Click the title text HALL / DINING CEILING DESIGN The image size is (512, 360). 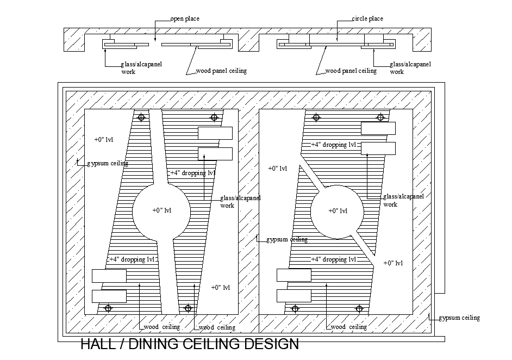[x=190, y=344]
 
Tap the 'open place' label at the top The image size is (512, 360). [x=185, y=19]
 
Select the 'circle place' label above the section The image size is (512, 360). [x=367, y=19]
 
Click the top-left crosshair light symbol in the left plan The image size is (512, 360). [x=142, y=117]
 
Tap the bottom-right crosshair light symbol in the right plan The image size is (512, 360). [x=359, y=308]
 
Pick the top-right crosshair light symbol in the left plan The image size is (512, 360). [x=215, y=117]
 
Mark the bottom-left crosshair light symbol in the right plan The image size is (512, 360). [x=295, y=308]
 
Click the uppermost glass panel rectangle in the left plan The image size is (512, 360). [x=215, y=133]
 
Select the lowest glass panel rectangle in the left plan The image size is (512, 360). [x=109, y=296]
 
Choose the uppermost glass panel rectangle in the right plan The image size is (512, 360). [x=378, y=128]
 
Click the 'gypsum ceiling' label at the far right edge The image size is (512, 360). [x=459, y=318]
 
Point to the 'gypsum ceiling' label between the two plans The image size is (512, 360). [x=286, y=239]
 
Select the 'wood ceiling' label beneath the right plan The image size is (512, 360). [x=348, y=327]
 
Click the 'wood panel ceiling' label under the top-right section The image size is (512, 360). [x=351, y=71]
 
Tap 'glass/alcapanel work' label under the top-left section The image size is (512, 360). [x=141, y=67]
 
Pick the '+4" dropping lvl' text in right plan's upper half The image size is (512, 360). [x=333, y=145]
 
